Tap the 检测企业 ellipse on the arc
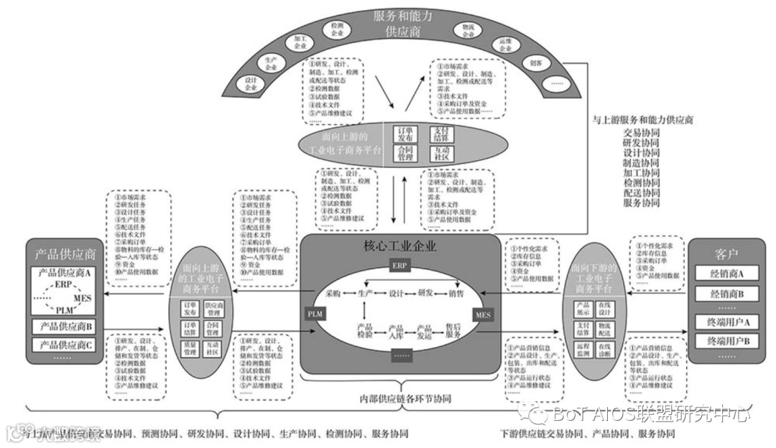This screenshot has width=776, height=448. click(x=336, y=29)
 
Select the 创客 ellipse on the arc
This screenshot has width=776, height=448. click(x=535, y=63)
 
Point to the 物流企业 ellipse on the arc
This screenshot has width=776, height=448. click(x=468, y=30)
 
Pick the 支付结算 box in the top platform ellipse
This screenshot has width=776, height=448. click(x=440, y=134)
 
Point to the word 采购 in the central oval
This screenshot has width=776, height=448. click(x=333, y=293)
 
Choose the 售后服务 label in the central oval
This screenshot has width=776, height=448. click(x=453, y=331)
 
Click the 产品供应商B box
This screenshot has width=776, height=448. click(x=65, y=327)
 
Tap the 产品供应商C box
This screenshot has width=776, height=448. click(x=65, y=345)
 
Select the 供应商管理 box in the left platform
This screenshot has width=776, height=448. click(x=214, y=309)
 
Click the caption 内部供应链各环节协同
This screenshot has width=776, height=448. click(x=399, y=398)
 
